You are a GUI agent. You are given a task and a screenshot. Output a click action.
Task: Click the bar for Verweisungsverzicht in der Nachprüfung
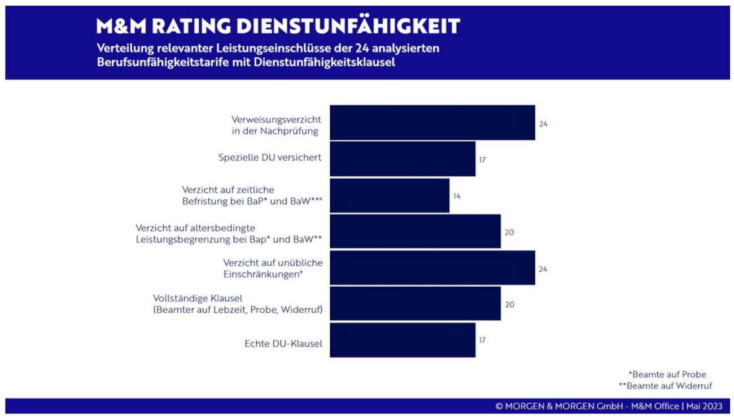[432, 122]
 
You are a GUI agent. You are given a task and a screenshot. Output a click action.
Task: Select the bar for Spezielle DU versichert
[402, 159]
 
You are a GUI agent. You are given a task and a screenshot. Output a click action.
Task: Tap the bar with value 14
[389, 196]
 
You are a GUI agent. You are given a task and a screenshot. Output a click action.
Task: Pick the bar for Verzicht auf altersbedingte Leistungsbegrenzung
[415, 231]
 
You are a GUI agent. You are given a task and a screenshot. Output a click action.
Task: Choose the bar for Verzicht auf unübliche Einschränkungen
[432, 268]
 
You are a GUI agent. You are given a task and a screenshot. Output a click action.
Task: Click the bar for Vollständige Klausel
[415, 304]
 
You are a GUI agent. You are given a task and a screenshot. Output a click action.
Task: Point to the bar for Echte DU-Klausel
[402, 340]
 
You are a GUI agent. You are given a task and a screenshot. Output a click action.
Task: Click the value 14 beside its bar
[457, 196]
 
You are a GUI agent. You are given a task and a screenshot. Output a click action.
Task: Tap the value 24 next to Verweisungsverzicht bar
[543, 124]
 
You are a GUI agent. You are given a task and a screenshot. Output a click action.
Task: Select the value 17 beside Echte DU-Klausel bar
[482, 340]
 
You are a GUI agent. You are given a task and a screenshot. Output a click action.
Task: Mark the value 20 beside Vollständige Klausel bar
[509, 304]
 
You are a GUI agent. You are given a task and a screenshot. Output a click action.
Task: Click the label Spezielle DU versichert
[270, 157]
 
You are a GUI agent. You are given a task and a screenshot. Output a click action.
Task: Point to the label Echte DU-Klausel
[283, 343]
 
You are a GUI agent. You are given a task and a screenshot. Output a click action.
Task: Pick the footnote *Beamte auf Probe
[667, 374]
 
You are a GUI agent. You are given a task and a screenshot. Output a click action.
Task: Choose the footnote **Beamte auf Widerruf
[665, 386]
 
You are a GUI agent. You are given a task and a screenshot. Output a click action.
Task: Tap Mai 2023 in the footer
[704, 406]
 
